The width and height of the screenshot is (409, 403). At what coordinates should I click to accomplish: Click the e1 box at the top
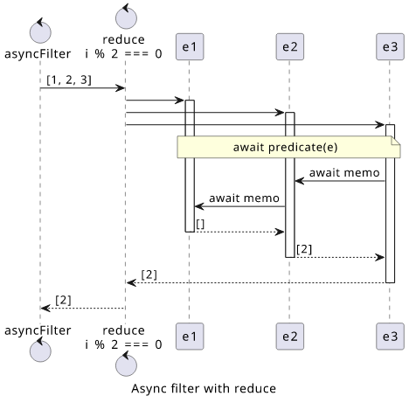[x=190, y=46]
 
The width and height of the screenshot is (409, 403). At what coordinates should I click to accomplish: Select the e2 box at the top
[x=290, y=46]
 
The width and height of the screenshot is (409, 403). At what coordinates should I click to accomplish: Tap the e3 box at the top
[x=390, y=46]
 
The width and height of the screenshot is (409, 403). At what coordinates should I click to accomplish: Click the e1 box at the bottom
[x=190, y=337]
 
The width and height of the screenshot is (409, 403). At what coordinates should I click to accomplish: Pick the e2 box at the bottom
[x=290, y=337]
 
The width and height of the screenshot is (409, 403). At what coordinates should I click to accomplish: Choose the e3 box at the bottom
[x=390, y=337]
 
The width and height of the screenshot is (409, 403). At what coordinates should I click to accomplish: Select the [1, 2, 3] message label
[x=69, y=80]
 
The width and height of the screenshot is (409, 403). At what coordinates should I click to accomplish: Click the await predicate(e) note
[x=288, y=147]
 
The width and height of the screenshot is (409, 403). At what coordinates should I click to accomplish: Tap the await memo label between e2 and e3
[x=344, y=173]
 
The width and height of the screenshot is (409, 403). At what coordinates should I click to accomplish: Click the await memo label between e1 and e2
[x=244, y=198]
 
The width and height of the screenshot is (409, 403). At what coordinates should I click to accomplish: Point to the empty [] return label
[x=200, y=224]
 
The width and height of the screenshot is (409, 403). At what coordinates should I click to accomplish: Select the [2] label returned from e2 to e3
[x=304, y=249]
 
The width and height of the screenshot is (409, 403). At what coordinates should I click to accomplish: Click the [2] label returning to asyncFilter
[x=63, y=300]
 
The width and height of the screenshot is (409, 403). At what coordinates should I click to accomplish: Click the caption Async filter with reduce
[x=204, y=388]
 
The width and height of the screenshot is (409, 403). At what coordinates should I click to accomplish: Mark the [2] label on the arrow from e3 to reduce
[x=149, y=274]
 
